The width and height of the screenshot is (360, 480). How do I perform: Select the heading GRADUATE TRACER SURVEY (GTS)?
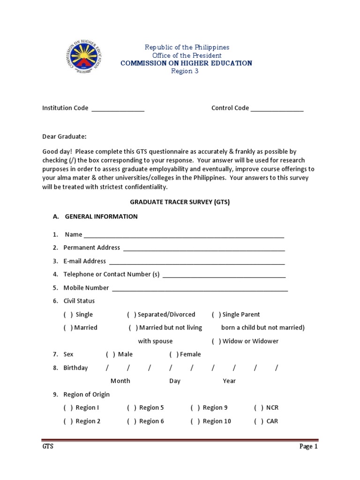[180, 202]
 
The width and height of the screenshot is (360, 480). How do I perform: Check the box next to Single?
[68, 315]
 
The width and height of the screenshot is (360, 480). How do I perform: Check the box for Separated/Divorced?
[132, 315]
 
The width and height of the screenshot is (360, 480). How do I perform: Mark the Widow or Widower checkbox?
[216, 341]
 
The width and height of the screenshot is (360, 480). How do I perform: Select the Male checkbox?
[111, 354]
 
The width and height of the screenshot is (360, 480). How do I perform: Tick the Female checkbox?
[174, 354]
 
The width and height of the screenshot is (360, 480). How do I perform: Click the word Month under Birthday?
[120, 381]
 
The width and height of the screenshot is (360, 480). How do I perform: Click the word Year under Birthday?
[229, 381]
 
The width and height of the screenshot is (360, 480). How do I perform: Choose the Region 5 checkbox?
[132, 408]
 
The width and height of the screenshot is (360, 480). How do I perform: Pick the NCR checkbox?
[259, 408]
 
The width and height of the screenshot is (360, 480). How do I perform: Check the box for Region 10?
[195, 421]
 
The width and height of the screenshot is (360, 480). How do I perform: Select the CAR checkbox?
[259, 421]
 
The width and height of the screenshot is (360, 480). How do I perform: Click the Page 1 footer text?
[308, 447]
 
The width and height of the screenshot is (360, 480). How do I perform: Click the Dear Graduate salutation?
[64, 136]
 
